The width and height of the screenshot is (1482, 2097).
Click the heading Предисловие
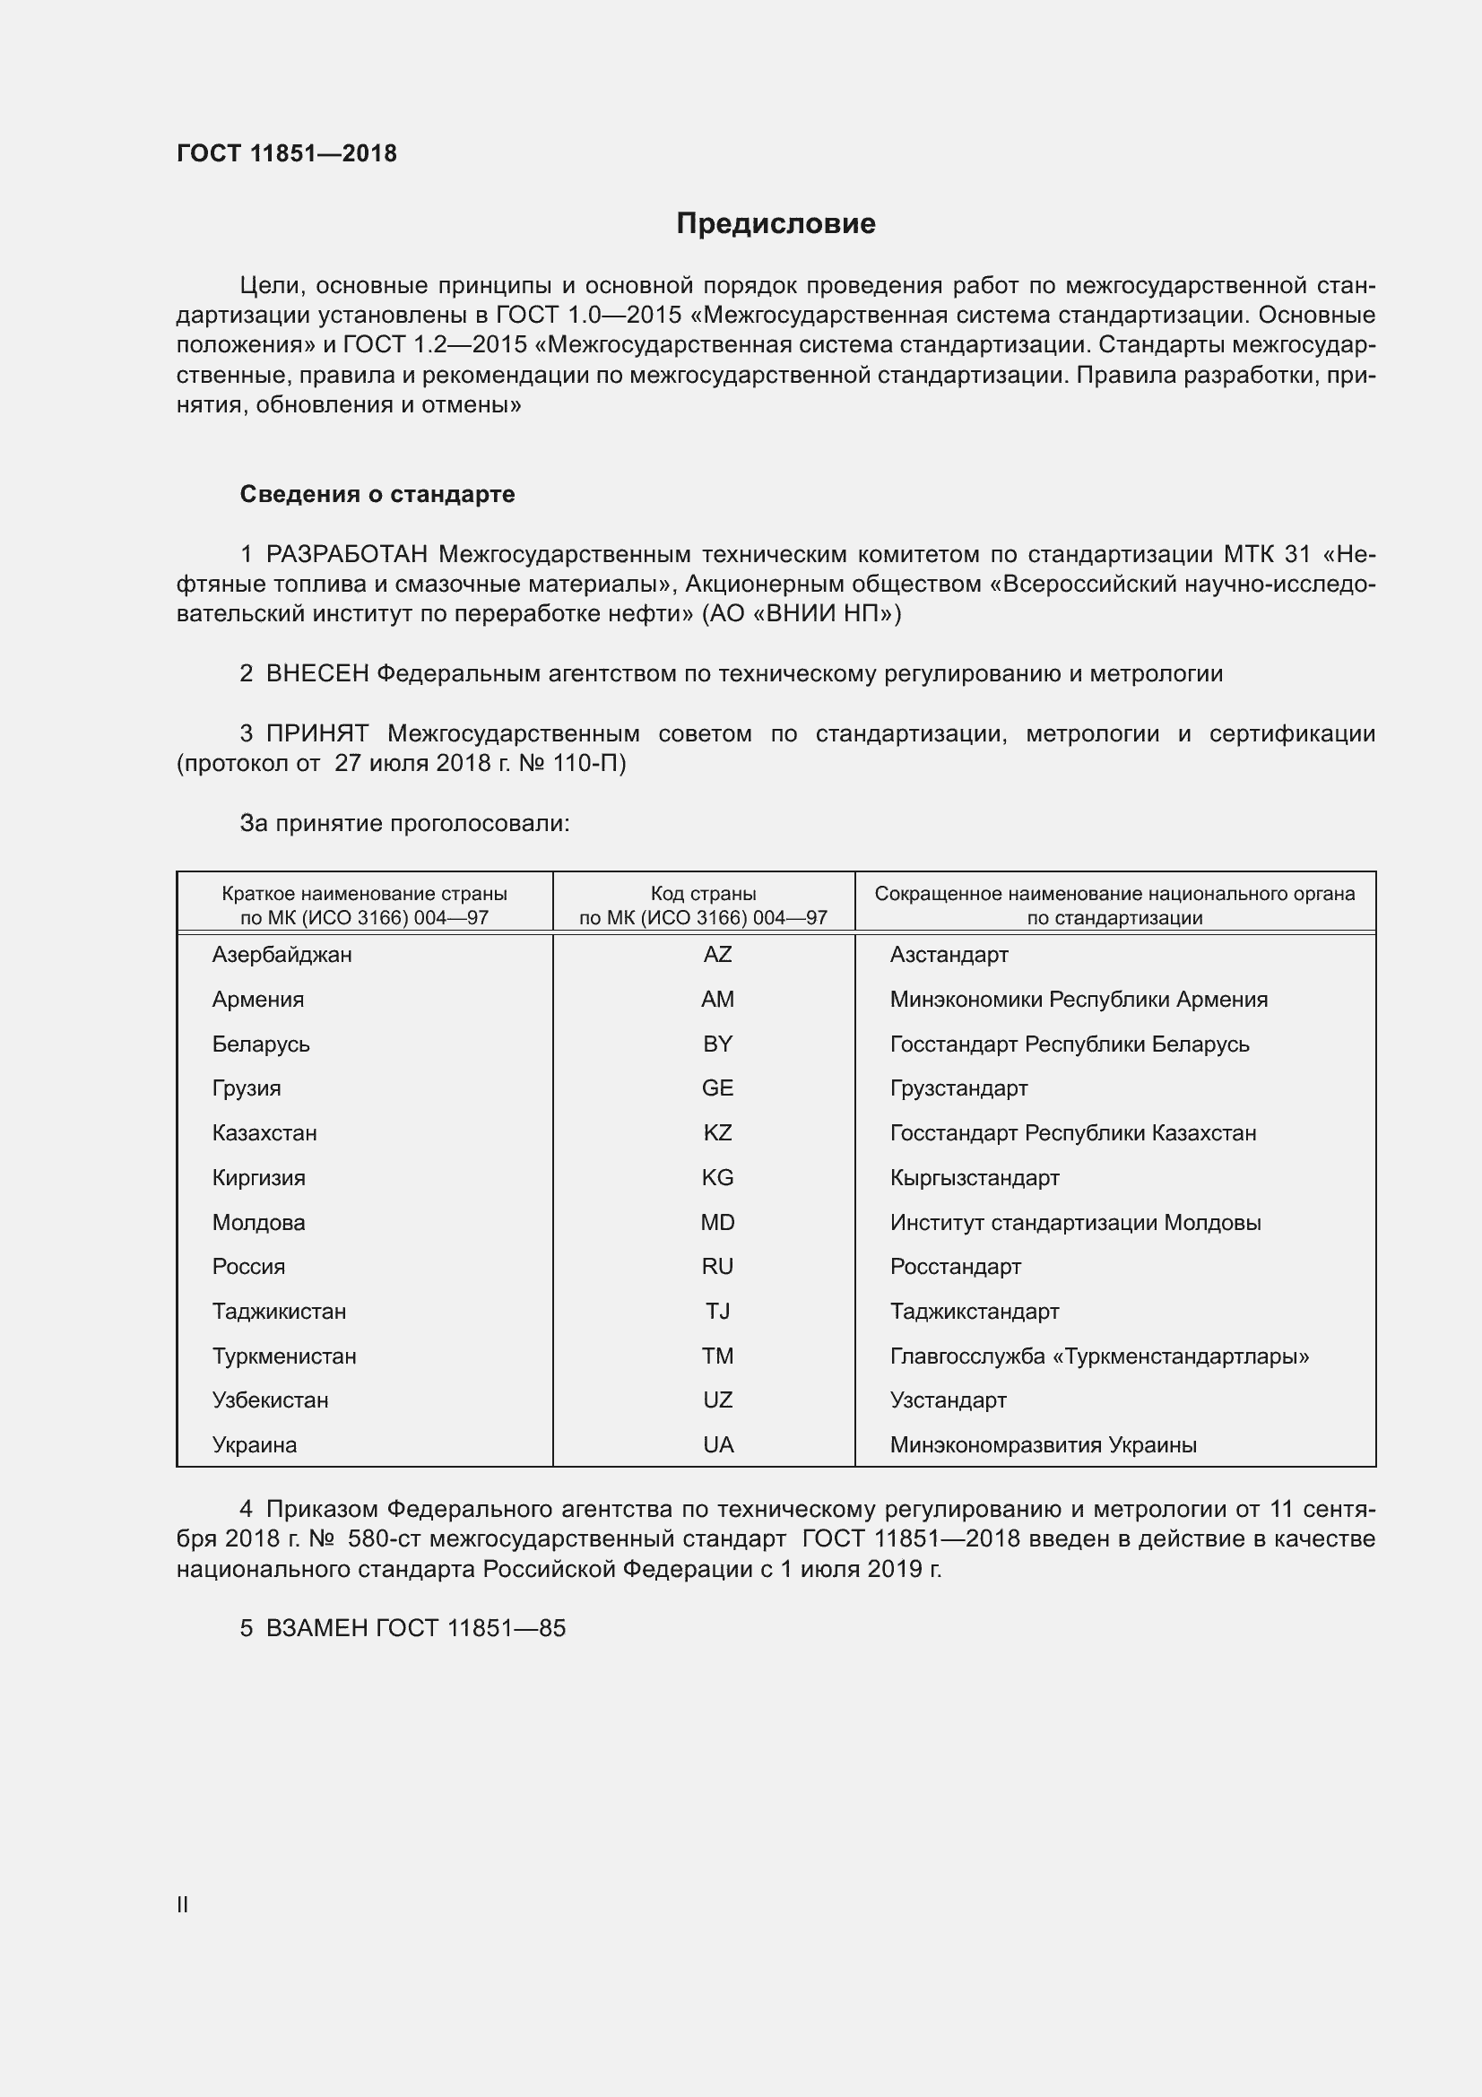pyautogui.click(x=776, y=224)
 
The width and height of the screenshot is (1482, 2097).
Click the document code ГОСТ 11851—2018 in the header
pyautogui.click(x=287, y=153)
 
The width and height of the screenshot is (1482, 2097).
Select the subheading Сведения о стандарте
pyautogui.click(x=377, y=494)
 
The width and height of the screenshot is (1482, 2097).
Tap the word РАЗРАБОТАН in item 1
pyautogui.click(x=347, y=554)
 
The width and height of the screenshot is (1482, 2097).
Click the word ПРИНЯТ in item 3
pyautogui.click(x=316, y=733)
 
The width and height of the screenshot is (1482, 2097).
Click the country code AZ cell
pyautogui.click(x=717, y=955)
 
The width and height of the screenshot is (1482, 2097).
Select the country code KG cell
pyautogui.click(x=717, y=1177)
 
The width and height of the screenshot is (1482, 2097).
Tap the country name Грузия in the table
pyautogui.click(x=247, y=1088)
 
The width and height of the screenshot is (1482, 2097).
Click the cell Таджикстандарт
pyautogui.click(x=975, y=1312)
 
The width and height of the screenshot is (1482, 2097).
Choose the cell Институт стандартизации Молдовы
pyautogui.click(x=1075, y=1222)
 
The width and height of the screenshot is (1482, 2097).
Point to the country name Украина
pyautogui.click(x=254, y=1445)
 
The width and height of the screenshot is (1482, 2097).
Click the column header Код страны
pyautogui.click(x=703, y=894)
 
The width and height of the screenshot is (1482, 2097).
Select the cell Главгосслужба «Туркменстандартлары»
pyautogui.click(x=1099, y=1356)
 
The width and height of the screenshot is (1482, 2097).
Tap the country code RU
pyautogui.click(x=717, y=1267)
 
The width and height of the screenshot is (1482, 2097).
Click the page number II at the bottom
pyautogui.click(x=183, y=1905)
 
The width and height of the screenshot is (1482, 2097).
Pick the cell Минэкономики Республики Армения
pyautogui.click(x=1079, y=999)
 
